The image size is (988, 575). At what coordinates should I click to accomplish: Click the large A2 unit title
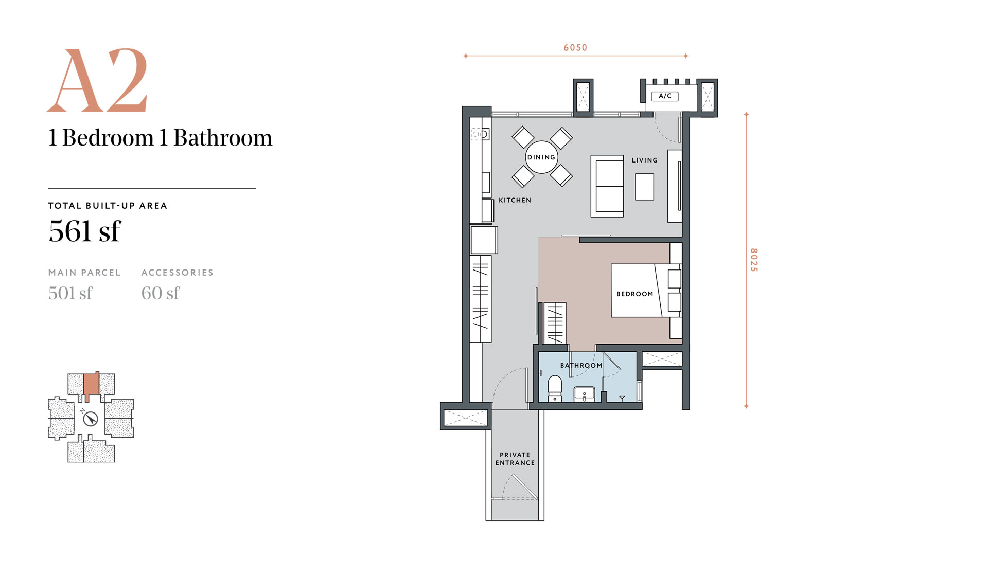pyautogui.click(x=98, y=81)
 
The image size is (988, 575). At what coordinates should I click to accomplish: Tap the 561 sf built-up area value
pyautogui.click(x=85, y=231)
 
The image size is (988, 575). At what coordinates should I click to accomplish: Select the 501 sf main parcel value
pyautogui.click(x=70, y=293)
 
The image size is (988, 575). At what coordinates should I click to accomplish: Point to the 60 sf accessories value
pyautogui.click(x=161, y=293)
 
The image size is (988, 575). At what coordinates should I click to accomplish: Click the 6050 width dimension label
pyautogui.click(x=575, y=48)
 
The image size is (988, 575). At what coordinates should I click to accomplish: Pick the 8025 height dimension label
pyautogui.click(x=754, y=260)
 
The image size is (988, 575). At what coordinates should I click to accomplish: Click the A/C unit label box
pyautogui.click(x=665, y=96)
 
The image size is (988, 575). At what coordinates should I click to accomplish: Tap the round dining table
pyautogui.click(x=541, y=157)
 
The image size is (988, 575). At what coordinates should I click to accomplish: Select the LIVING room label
pyautogui.click(x=645, y=160)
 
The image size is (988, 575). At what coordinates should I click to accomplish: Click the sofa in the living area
pyautogui.click(x=607, y=186)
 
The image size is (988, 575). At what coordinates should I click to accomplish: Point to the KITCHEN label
pyautogui.click(x=515, y=200)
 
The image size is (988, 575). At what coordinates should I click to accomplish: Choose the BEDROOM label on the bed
pyautogui.click(x=635, y=294)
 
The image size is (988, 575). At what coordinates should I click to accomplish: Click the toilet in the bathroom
pyautogui.click(x=555, y=388)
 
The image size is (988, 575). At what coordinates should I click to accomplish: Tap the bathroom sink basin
pyautogui.click(x=584, y=394)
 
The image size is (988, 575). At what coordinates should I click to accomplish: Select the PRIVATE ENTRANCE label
pyautogui.click(x=515, y=459)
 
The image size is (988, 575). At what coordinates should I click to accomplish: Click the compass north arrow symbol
pyautogui.click(x=91, y=419)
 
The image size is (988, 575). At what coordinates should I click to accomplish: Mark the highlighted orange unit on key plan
pyautogui.click(x=92, y=386)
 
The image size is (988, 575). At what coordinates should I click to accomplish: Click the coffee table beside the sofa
pyautogui.click(x=644, y=187)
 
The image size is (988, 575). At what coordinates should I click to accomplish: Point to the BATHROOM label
pyautogui.click(x=581, y=366)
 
